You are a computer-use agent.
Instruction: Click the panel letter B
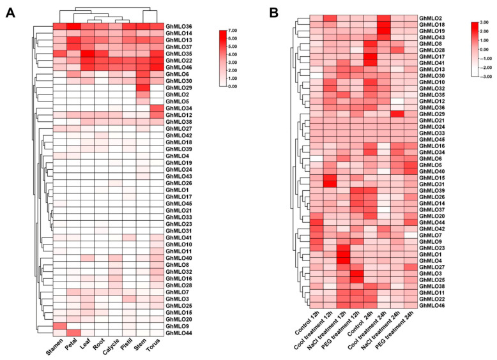275,13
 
